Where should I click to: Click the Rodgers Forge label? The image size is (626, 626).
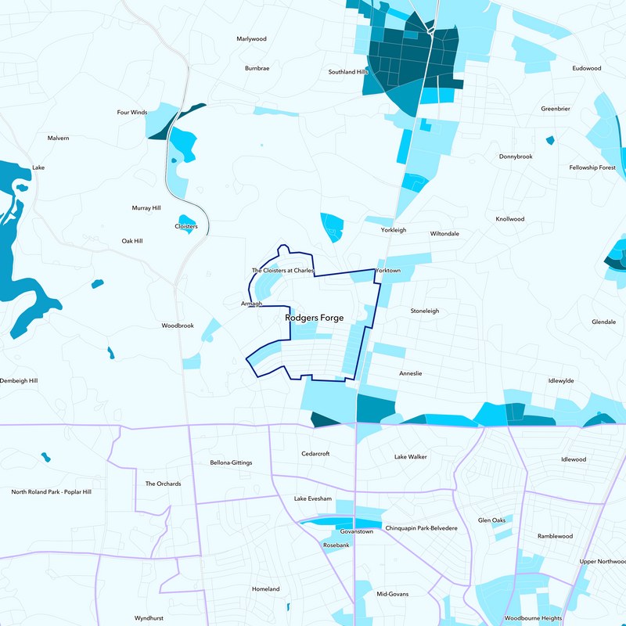[x=314, y=318]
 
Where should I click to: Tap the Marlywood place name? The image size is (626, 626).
[x=252, y=38]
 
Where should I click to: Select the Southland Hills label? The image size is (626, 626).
[x=348, y=72]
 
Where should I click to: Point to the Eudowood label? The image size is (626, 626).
[x=587, y=68]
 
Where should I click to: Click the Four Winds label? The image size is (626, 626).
[x=132, y=113]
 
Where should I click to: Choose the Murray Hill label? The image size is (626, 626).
[x=146, y=208]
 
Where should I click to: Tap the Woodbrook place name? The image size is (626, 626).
[x=178, y=326]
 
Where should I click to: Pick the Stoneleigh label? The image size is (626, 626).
[x=425, y=311]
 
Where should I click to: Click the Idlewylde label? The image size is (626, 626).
[x=561, y=380]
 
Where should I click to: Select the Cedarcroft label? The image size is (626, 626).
[x=317, y=454]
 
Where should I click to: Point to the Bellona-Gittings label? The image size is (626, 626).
[x=231, y=462]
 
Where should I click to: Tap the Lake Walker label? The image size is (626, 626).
[x=411, y=456]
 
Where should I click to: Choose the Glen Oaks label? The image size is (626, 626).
[x=492, y=520]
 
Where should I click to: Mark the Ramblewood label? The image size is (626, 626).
[x=555, y=536]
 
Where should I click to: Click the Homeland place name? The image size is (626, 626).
[x=265, y=589]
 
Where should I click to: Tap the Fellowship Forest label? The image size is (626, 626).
[x=592, y=167]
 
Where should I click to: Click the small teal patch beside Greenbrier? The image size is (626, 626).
[x=550, y=141]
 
